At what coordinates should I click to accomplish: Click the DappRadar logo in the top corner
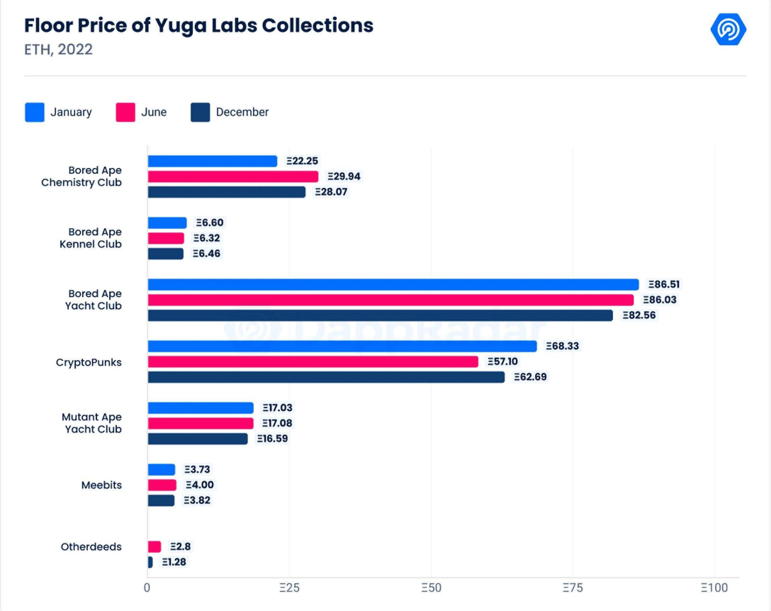tap(728, 29)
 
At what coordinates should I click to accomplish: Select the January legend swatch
tap(35, 112)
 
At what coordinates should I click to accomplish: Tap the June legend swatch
tap(125, 112)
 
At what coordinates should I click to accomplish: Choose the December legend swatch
tap(200, 112)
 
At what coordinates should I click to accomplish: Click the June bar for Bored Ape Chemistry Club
tap(233, 177)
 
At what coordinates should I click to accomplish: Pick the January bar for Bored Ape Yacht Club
tap(393, 285)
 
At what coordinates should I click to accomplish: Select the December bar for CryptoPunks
tap(326, 377)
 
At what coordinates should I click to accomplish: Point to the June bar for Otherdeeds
tap(154, 546)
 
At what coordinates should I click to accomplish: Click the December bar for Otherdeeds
tap(150, 562)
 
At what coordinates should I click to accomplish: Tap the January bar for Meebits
tap(162, 469)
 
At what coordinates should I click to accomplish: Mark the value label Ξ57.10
tap(502, 361)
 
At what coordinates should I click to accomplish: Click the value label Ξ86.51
tap(664, 284)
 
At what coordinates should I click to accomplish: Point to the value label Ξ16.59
tap(272, 438)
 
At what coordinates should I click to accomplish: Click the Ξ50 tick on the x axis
tap(431, 588)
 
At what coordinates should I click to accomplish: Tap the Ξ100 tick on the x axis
tap(714, 588)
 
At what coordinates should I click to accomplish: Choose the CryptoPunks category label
tap(89, 362)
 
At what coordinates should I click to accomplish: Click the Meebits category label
tap(102, 485)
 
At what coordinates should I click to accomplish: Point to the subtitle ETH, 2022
tap(58, 49)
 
